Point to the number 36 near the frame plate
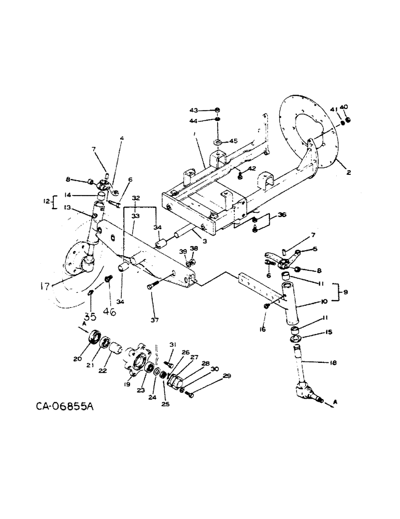click(267, 214)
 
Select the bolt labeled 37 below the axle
click(151, 285)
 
